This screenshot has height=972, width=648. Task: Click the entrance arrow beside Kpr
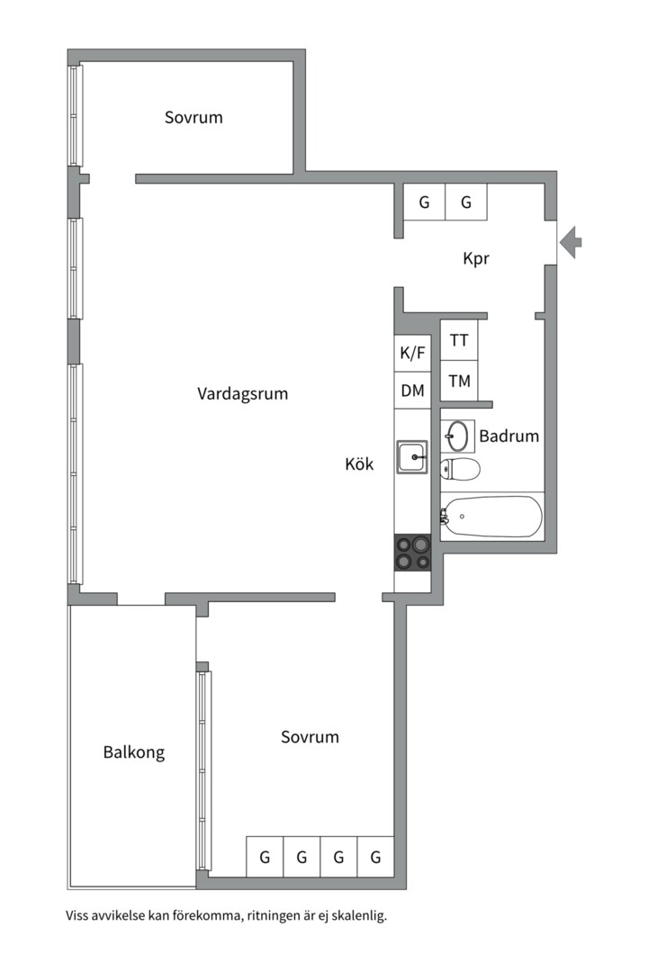[x=571, y=242]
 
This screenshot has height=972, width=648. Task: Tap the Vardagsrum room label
[x=242, y=393]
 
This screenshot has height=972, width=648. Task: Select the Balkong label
[x=134, y=752]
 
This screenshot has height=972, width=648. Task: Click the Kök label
[x=360, y=463]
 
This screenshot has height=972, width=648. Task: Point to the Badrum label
[x=509, y=436]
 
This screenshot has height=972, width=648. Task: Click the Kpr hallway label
[x=476, y=258]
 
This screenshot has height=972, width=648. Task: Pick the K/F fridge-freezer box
[x=412, y=354]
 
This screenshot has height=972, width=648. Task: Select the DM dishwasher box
[x=412, y=391]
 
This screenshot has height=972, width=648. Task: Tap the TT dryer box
[x=459, y=340]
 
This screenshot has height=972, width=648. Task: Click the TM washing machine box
[x=459, y=381]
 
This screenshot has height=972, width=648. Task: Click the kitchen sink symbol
[x=412, y=457]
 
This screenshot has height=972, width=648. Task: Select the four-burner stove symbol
[x=413, y=553]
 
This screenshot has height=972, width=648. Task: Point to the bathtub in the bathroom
[x=491, y=517]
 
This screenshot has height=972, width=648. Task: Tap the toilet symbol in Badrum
[x=460, y=469]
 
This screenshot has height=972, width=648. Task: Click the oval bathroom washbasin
[x=457, y=436]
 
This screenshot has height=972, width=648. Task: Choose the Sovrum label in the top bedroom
[x=193, y=118]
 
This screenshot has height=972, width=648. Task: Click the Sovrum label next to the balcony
[x=310, y=737]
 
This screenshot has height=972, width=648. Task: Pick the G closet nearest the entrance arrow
[x=465, y=202]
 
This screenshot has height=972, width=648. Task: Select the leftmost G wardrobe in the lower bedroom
[x=265, y=857]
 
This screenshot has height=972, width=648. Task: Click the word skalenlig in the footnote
[x=359, y=915]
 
